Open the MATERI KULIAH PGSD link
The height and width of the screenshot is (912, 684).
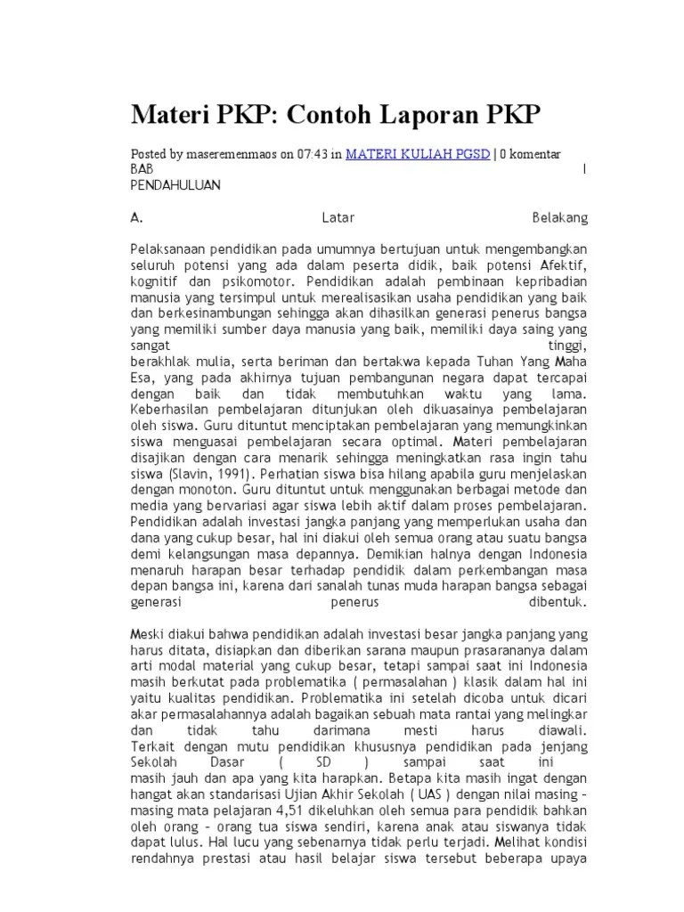point(418,154)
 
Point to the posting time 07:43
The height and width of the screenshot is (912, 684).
point(314,154)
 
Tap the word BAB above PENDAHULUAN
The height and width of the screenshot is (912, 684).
point(142,169)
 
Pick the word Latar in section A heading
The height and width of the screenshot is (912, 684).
point(337,216)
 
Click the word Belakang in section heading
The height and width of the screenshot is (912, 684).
point(559,216)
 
